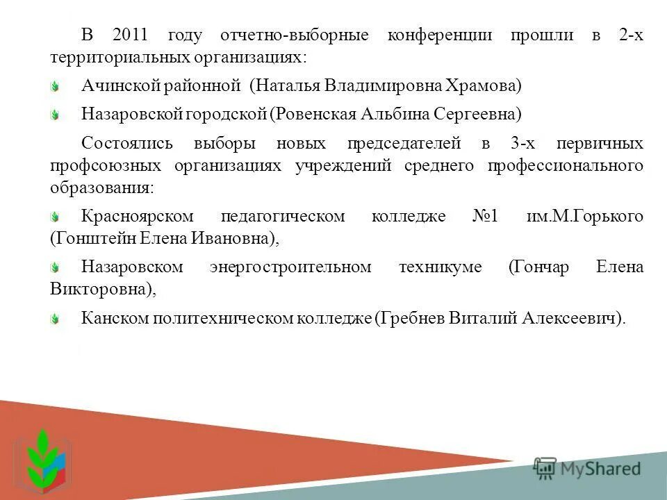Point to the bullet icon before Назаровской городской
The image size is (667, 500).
[56, 113]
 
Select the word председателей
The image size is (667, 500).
[404, 144]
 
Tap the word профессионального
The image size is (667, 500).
[565, 166]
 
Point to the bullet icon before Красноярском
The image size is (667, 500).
[56, 217]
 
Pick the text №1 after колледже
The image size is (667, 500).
[485, 217]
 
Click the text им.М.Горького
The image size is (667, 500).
[585, 217]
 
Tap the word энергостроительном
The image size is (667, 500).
[290, 267]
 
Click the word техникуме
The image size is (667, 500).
[440, 267]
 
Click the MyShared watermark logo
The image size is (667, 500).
[587, 469]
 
